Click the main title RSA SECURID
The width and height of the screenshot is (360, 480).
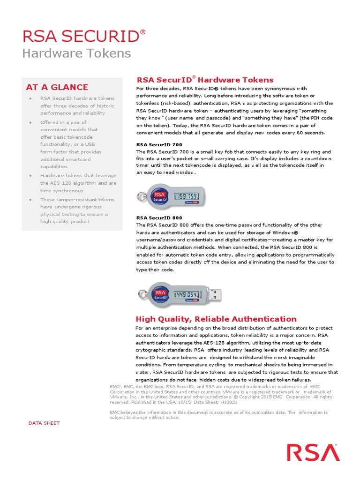pyautogui.click(x=84, y=36)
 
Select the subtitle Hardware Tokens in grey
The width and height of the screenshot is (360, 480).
pyautogui.click(x=77, y=53)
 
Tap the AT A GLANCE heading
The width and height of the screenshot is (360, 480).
pyautogui.click(x=57, y=87)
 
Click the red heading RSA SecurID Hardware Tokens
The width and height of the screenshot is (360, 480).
pyautogui.click(x=204, y=80)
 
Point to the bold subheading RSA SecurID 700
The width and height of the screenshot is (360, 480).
pyautogui.click(x=159, y=145)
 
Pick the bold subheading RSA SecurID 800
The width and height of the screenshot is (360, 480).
pyautogui.click(x=159, y=218)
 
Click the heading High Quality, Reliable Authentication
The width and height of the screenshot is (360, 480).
pyautogui.click(x=216, y=319)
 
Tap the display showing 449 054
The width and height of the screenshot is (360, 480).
pyautogui.click(x=188, y=294)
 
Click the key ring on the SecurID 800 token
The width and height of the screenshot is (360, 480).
pyautogui.click(x=140, y=295)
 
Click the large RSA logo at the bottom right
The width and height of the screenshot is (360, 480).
pyautogui.click(x=313, y=453)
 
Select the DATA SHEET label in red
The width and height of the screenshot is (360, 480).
pyautogui.click(x=44, y=423)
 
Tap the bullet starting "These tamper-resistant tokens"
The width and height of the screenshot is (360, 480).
pyautogui.click(x=77, y=210)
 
